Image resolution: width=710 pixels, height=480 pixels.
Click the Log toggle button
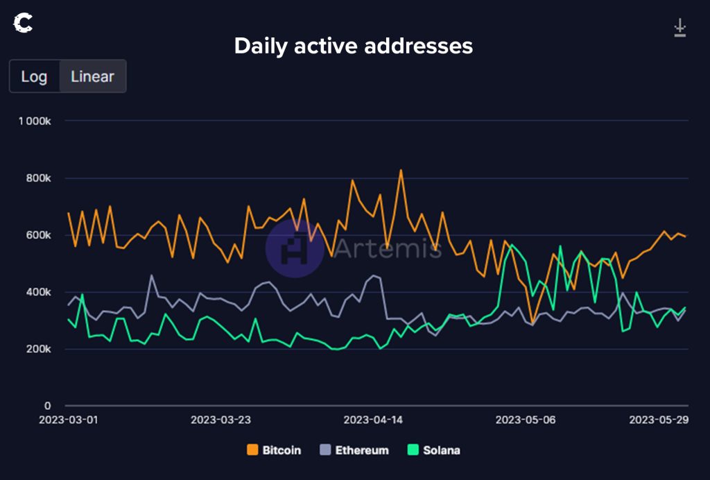34,76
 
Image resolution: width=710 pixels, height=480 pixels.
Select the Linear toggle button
92,76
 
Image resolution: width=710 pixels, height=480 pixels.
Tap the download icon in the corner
679,28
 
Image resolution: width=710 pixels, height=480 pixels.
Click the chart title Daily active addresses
354,46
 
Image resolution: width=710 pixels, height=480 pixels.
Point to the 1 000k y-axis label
34,121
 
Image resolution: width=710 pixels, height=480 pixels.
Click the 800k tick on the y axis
39,178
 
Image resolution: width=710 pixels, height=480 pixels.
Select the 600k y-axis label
39,235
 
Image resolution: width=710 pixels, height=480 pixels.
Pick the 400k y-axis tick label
39,292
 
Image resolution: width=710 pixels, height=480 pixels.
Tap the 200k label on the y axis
39,349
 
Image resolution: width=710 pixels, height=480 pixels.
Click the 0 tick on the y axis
48,406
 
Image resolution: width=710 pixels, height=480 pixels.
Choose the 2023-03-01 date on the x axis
68,420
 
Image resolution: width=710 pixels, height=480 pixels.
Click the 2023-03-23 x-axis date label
220,420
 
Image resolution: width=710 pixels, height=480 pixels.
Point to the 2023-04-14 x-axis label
373,420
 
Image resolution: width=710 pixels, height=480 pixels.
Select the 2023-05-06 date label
526,420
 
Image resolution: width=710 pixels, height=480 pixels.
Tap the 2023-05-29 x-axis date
658,420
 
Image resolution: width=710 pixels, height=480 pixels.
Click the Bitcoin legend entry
275,450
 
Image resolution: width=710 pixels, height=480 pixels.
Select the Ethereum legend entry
354,450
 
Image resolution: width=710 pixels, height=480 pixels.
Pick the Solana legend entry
435,450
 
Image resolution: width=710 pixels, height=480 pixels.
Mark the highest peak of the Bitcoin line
401,170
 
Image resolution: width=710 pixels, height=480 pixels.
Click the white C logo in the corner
23,24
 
